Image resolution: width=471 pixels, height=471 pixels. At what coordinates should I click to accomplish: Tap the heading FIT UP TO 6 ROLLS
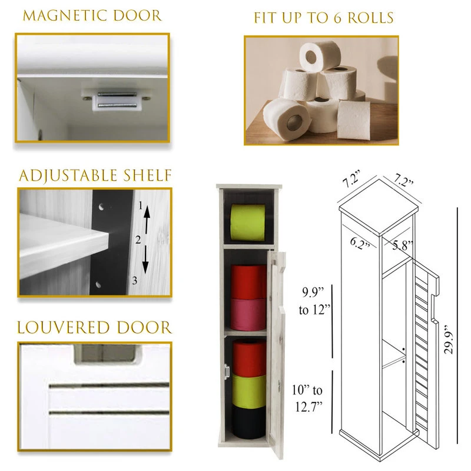click(x=323, y=17)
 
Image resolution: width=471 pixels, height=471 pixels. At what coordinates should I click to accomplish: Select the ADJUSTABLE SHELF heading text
click(x=95, y=175)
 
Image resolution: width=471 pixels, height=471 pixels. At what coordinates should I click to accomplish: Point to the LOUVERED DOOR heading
click(x=94, y=327)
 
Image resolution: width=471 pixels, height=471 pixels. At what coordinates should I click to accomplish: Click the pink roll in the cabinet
click(x=248, y=313)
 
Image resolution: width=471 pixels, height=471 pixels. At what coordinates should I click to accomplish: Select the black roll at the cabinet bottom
click(x=248, y=422)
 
